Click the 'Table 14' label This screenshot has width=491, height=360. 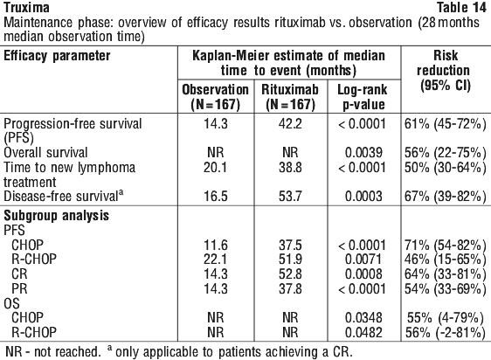(x=461, y=8)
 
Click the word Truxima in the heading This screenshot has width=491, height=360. (x=26, y=8)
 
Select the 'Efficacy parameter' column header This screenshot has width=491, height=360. (x=57, y=56)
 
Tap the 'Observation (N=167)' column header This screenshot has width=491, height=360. (x=216, y=97)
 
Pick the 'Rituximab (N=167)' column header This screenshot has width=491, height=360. (x=290, y=97)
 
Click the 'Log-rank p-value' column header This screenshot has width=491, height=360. (x=363, y=97)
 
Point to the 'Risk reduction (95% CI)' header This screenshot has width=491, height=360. (x=445, y=71)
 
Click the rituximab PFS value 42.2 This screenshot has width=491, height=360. (x=290, y=124)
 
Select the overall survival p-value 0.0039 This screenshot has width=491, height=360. (x=363, y=153)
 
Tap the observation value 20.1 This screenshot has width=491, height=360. (x=216, y=167)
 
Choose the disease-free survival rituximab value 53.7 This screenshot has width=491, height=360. (x=290, y=196)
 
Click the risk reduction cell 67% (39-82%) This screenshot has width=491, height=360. (x=445, y=196)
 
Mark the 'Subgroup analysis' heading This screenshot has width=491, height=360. (x=57, y=216)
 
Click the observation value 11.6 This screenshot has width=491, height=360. (x=216, y=245)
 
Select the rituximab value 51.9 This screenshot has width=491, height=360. (x=290, y=260)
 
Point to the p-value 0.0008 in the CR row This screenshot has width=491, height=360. (x=363, y=273)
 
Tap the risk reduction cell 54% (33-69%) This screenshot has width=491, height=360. (x=445, y=288)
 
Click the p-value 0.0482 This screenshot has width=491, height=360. (x=363, y=332)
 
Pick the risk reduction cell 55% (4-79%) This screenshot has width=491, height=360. (x=446, y=318)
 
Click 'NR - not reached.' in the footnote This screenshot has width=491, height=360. (x=53, y=351)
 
